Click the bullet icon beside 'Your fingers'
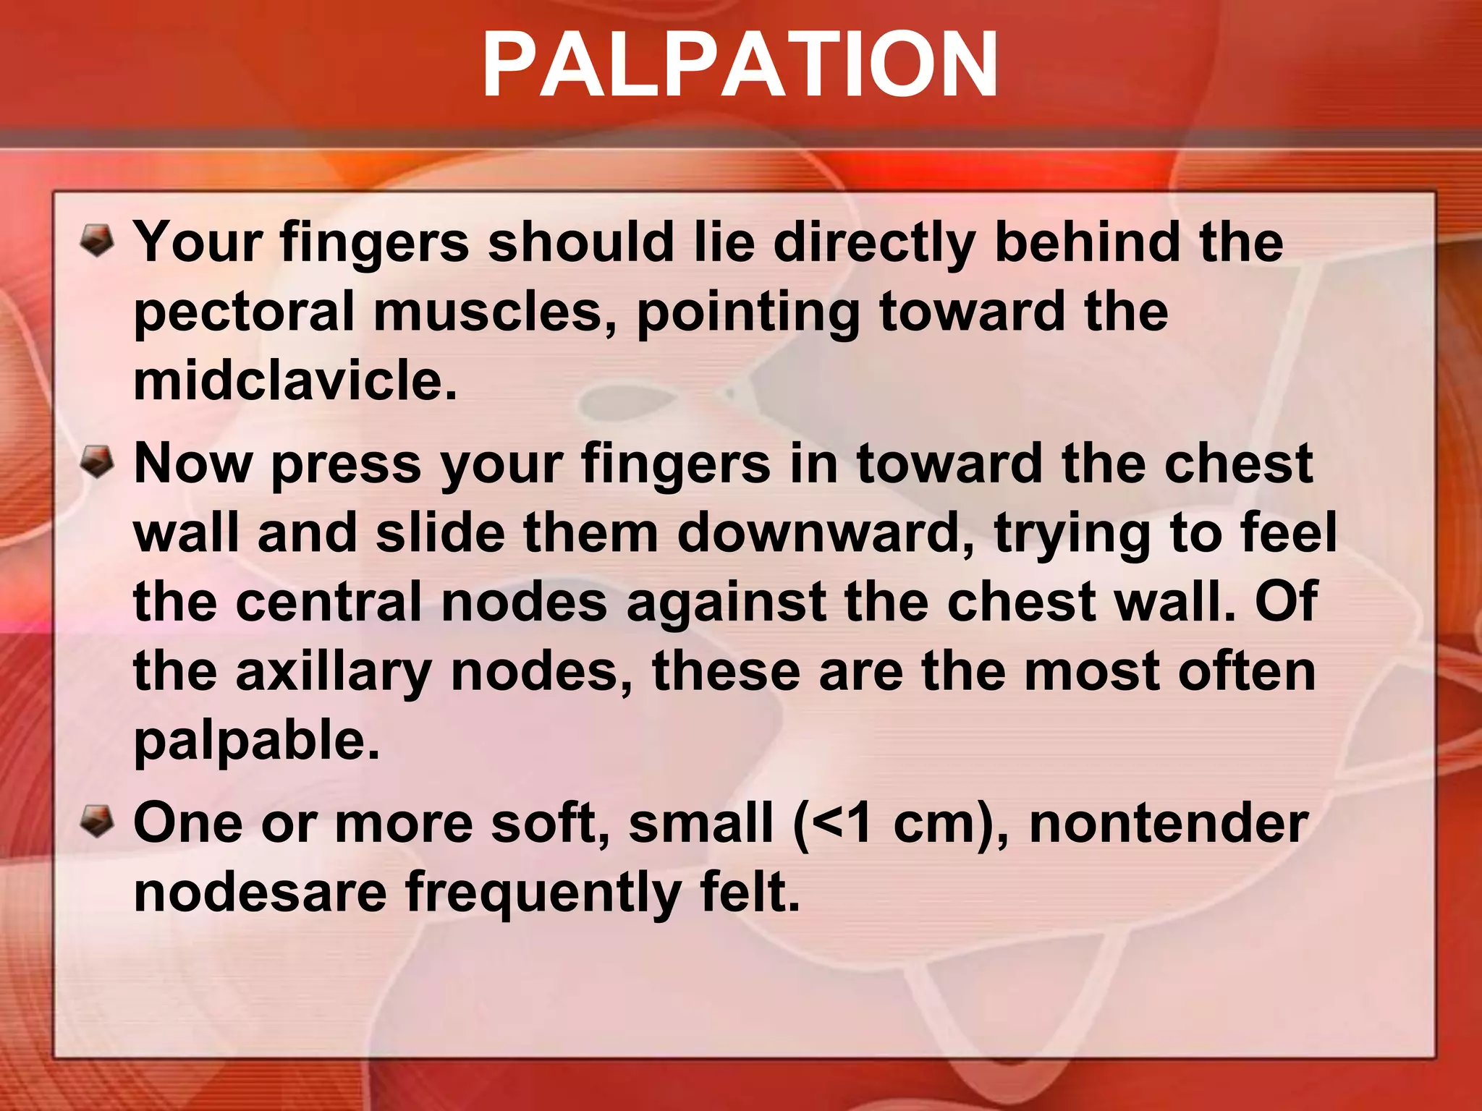tap(96, 240)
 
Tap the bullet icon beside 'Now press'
tap(96, 461)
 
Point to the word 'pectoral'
tap(244, 312)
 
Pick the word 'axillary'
tap(334, 673)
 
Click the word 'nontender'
tap(1169, 823)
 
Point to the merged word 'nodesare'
tap(261, 891)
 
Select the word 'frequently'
tap(543, 893)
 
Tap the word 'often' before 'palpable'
tap(1246, 671)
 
